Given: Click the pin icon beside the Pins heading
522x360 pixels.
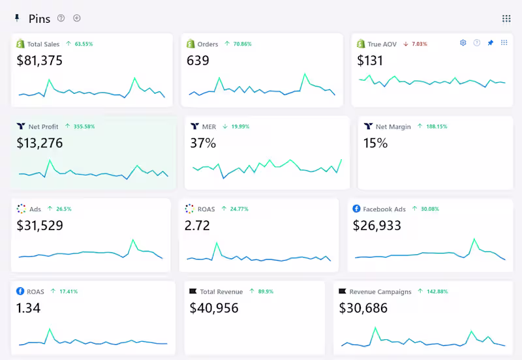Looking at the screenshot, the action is click(x=17, y=18).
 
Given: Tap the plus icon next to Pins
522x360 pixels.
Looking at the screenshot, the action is click(x=77, y=18).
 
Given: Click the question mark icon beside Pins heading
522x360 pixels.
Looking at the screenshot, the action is click(x=61, y=18).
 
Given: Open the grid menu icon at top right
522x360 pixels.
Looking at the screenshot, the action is click(x=506, y=19).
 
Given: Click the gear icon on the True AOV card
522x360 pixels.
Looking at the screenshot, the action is click(x=463, y=42).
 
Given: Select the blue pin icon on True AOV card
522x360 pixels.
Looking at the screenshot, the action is click(x=491, y=42).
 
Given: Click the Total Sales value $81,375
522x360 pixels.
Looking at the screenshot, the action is click(x=40, y=61).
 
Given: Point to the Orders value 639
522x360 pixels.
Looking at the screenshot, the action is click(x=198, y=61).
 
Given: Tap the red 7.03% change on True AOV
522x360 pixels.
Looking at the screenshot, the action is click(x=420, y=44).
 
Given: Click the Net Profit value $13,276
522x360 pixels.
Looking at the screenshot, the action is click(x=40, y=143).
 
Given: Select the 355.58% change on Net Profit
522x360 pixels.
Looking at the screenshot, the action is click(x=84, y=127).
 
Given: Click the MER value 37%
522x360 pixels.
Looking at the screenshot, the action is click(x=203, y=143).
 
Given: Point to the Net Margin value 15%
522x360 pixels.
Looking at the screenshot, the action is click(x=376, y=143).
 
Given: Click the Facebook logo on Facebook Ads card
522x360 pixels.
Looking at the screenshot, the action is click(x=356, y=209).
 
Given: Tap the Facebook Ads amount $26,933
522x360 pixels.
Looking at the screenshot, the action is click(x=377, y=226).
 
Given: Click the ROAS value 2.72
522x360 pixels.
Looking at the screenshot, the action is click(x=197, y=226).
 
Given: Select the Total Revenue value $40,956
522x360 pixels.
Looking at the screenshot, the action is click(x=214, y=308).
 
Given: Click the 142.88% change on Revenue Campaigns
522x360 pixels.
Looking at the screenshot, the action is click(x=437, y=292).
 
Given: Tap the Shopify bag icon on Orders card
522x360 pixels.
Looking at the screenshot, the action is click(x=191, y=44).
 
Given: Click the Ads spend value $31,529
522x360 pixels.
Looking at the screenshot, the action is click(x=40, y=226).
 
